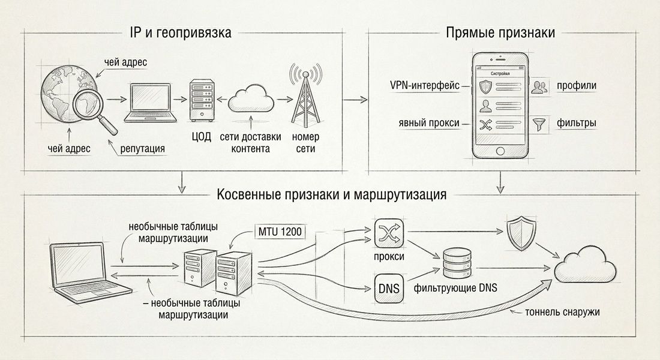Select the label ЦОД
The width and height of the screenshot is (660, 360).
[x=201, y=137]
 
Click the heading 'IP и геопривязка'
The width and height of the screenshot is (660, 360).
[x=179, y=33]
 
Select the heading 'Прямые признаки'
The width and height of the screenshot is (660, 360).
[x=500, y=33]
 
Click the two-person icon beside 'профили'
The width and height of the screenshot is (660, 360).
[x=540, y=86]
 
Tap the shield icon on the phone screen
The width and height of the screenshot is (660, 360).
[x=485, y=87]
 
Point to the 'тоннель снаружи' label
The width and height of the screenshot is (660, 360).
[x=562, y=312]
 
